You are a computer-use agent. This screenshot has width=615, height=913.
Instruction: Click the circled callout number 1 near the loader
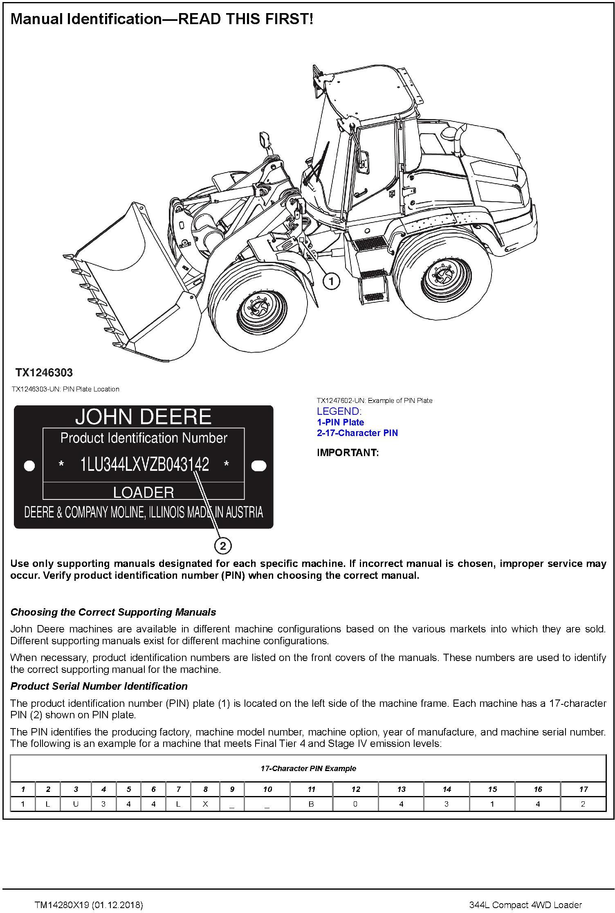coord(331,281)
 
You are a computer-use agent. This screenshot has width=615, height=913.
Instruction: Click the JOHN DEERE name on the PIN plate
coord(144,417)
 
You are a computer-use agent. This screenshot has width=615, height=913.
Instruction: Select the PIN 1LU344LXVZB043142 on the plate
coord(144,465)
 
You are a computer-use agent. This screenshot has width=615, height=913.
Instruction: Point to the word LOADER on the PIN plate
coord(144,492)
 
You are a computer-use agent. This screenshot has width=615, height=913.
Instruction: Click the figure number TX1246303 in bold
coord(44,373)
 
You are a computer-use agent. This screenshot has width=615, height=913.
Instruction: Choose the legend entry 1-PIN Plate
coord(340,422)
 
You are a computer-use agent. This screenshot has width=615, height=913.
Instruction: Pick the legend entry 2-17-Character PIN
coord(357,433)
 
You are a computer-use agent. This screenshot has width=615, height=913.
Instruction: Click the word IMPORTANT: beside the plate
coord(348,452)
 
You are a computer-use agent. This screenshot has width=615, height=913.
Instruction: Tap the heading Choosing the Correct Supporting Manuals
coord(113,612)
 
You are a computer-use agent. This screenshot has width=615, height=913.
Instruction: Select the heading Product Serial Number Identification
coord(99,686)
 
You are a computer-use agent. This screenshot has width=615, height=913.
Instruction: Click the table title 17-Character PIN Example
coord(308,768)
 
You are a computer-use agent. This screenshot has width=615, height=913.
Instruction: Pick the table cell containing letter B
coord(311,804)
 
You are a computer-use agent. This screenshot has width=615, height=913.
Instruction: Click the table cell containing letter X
coord(205,804)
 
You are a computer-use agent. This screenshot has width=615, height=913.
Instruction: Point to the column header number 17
coord(583,789)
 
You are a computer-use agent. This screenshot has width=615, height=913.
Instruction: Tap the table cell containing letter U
coord(76,804)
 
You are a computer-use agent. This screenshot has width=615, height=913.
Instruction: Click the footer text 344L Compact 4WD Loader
coord(525,905)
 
